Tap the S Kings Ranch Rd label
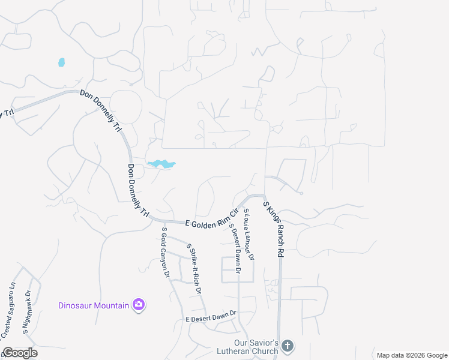(273, 229)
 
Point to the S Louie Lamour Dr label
(249, 235)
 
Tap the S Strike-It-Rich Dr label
(193, 268)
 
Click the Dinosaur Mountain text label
(94, 305)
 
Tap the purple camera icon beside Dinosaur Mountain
(139, 305)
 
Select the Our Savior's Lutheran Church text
(251, 346)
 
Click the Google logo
(20, 353)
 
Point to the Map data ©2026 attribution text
(411, 355)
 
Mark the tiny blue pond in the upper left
(61, 62)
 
